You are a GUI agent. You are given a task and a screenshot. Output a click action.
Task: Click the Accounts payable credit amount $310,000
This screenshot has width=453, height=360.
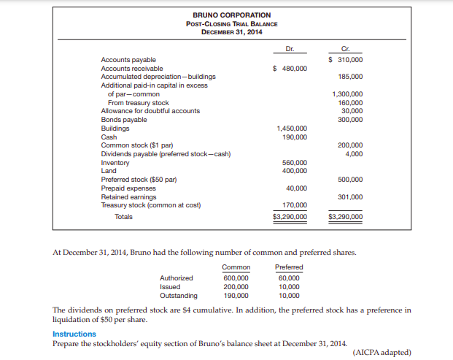coord(346,59)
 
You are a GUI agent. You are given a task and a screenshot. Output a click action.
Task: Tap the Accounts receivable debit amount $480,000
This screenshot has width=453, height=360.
coord(290,68)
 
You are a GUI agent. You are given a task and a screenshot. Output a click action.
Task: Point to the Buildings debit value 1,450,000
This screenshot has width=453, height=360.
coord(292,128)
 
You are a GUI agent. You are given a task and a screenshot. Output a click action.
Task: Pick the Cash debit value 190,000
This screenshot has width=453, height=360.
coord(295,137)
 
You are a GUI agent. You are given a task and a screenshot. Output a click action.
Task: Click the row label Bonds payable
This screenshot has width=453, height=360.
coord(123,119)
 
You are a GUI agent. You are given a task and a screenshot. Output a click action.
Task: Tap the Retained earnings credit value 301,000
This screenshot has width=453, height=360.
coord(351,196)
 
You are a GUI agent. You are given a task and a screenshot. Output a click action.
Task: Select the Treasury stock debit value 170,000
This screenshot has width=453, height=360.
coord(295,205)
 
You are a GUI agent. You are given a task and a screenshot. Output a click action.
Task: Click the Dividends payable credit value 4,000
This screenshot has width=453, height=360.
coord(355,153)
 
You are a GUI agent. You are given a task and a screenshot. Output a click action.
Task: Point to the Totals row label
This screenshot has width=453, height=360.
coord(126,216)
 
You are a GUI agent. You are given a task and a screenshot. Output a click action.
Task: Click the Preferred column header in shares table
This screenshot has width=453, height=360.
coord(289,267)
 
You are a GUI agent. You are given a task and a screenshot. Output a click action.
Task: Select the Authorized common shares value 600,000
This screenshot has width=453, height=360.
coord(236,277)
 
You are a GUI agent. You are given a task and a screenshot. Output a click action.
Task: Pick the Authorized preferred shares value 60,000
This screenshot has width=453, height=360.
coord(290,277)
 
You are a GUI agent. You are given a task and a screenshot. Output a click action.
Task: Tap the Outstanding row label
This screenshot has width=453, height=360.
coord(178,296)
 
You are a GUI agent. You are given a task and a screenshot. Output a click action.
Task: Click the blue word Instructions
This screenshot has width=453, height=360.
coord(74,334)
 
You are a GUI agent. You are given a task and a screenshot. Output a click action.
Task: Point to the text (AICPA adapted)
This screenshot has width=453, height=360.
coord(382,352)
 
